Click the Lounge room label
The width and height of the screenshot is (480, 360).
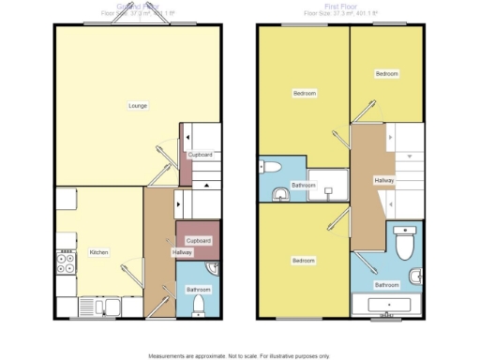click(137, 105)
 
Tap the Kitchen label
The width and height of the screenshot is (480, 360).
click(99, 253)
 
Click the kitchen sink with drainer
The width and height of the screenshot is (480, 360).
click(99, 306)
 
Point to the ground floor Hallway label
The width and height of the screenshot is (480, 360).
click(182, 253)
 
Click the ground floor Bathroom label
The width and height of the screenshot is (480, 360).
click(197, 289)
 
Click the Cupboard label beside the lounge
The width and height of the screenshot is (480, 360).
click(200, 155)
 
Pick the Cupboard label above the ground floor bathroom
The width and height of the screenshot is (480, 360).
click(199, 241)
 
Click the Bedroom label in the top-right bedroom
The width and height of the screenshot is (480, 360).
click(387, 74)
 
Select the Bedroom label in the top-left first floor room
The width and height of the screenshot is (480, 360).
click(304, 93)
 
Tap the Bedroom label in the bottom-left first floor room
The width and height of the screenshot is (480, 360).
click(302, 260)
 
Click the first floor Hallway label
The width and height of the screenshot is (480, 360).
click(384, 180)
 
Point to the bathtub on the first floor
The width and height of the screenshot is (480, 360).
click(387, 305)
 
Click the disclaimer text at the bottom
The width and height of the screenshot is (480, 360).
click(239, 355)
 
